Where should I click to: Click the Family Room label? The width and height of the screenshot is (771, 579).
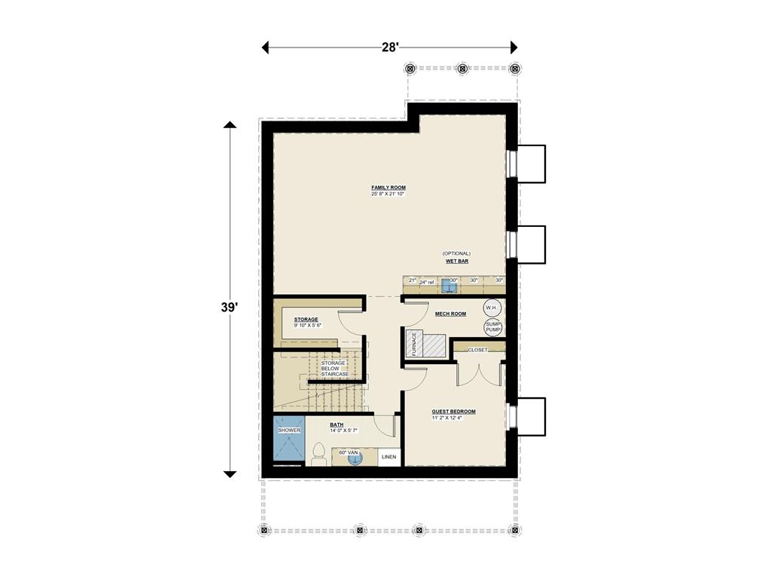click(389, 188)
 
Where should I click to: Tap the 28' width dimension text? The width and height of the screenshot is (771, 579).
click(389, 47)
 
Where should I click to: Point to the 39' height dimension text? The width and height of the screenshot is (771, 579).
click(229, 308)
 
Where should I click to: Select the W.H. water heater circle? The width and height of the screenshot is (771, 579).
click(492, 308)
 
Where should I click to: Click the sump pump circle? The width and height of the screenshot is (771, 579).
click(492, 327)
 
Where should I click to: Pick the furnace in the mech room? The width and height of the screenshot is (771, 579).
click(415, 343)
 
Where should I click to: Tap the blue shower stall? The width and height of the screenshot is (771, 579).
click(288, 440)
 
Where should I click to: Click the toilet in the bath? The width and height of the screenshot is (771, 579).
click(319, 454)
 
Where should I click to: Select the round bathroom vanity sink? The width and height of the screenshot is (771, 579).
click(355, 458)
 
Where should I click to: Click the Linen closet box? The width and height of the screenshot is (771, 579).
click(389, 457)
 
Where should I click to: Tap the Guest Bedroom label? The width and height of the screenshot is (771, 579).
click(453, 412)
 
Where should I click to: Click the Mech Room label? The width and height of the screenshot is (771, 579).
click(450, 314)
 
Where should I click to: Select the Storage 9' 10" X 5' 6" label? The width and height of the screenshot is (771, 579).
click(307, 323)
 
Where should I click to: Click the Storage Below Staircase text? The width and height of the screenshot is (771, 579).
click(334, 369)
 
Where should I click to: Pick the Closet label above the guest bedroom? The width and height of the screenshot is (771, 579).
click(477, 350)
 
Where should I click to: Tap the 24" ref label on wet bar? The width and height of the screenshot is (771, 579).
click(427, 282)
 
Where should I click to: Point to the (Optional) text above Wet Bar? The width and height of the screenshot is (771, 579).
click(457, 253)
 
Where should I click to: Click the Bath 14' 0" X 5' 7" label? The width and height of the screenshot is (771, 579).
click(343, 427)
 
